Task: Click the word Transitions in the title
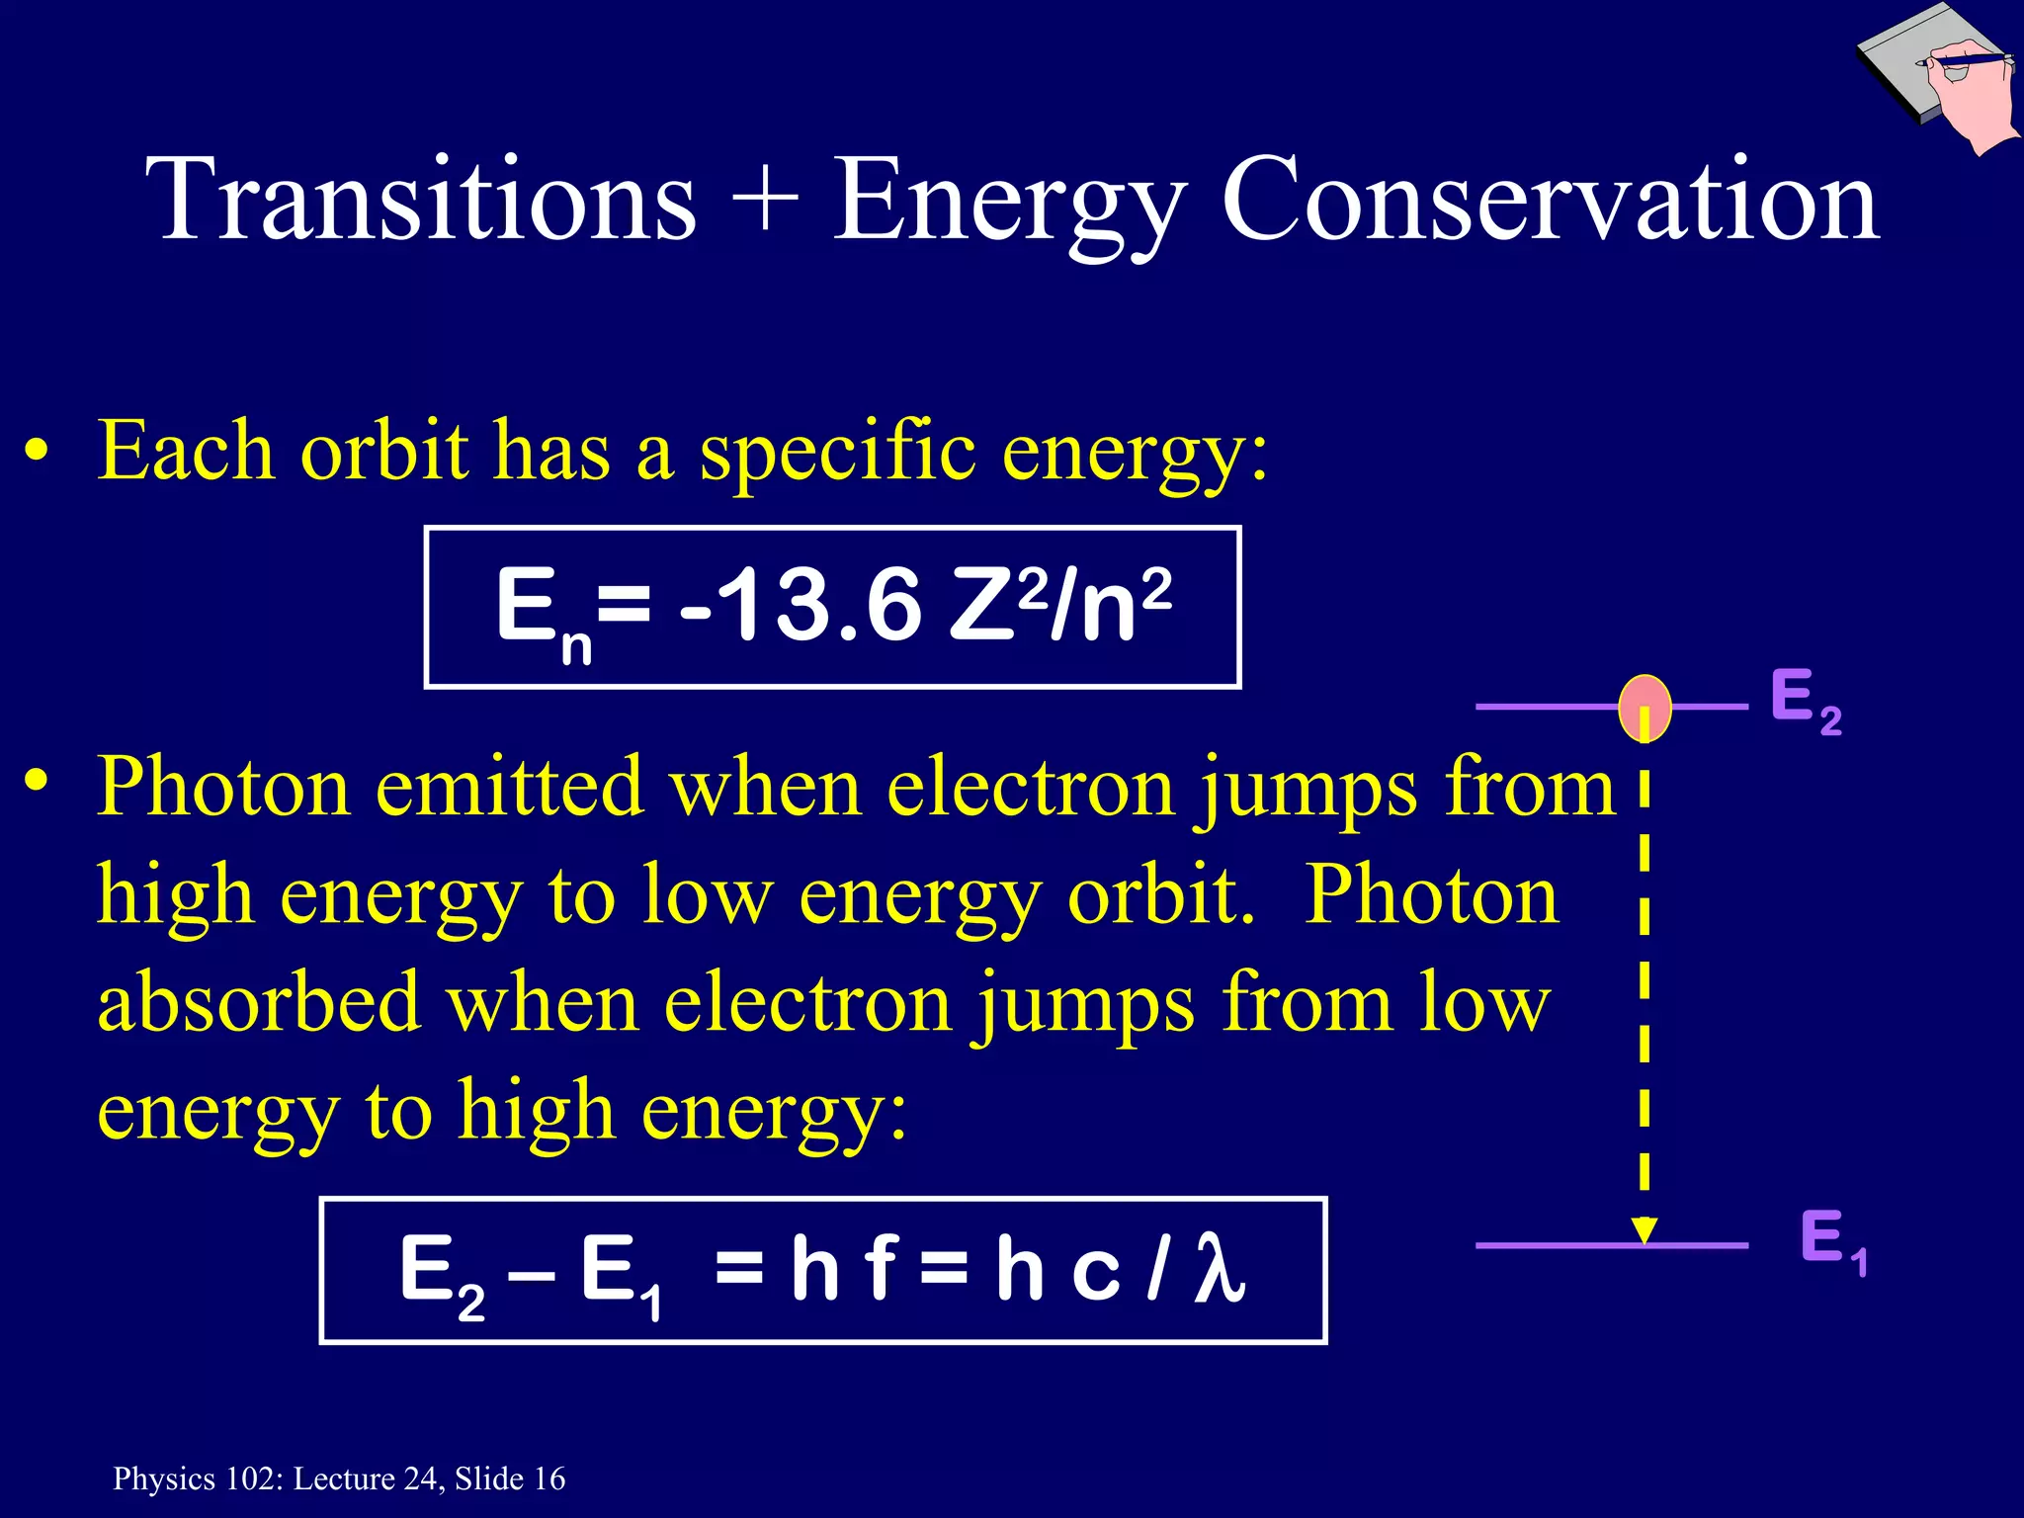click(421, 201)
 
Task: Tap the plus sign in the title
click(765, 201)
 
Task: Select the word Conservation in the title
click(1550, 201)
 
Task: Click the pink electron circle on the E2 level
click(1644, 708)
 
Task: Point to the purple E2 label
click(1805, 700)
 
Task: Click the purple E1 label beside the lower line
click(1831, 1240)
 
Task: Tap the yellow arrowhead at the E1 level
click(1644, 1230)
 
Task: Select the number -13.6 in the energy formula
click(801, 605)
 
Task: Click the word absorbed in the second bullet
click(259, 1002)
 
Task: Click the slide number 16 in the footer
click(549, 1478)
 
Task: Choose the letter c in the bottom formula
click(1095, 1271)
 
